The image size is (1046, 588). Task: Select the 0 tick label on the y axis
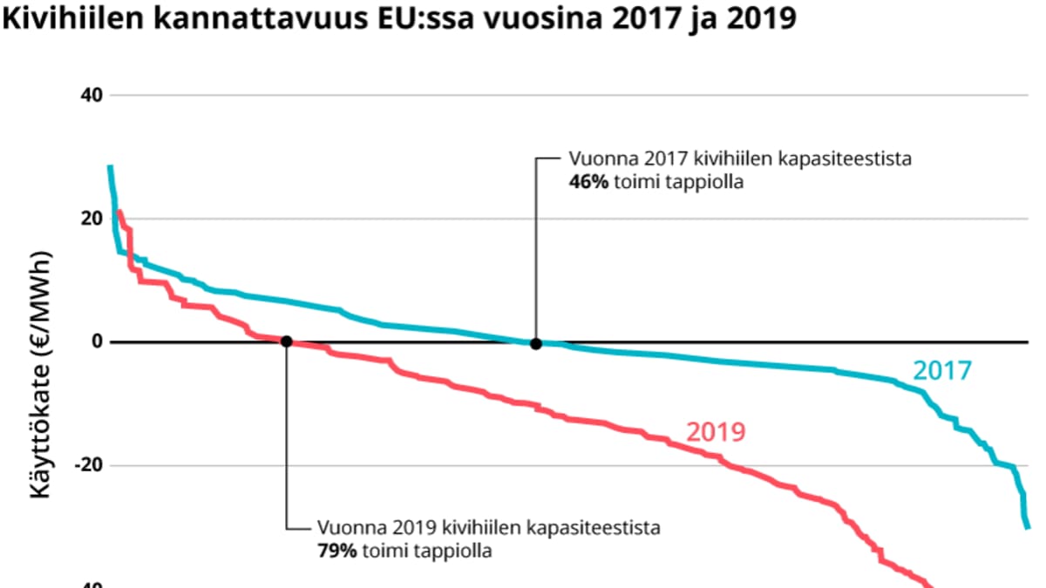[x=98, y=342]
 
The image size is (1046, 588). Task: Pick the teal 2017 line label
[x=941, y=371]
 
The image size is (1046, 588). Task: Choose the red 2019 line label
[x=716, y=432]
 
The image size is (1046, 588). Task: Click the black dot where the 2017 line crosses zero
[x=535, y=343]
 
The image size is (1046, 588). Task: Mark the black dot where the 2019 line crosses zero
[x=286, y=342]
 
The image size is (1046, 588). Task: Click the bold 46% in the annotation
[x=585, y=183]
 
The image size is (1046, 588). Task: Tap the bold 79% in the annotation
[x=336, y=551]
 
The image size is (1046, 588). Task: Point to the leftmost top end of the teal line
[x=110, y=166]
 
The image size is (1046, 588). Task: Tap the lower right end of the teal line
[x=1027, y=526]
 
